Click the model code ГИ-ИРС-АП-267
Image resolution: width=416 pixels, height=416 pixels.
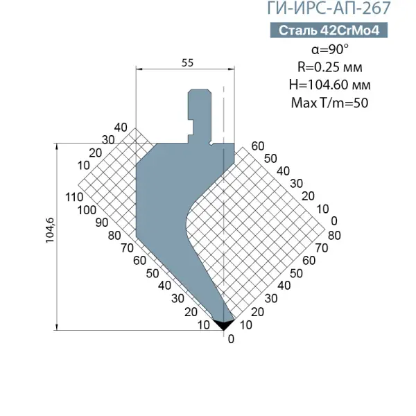329,8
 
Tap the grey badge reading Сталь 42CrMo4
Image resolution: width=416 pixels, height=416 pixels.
329,31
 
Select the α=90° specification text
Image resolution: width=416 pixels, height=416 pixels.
330,49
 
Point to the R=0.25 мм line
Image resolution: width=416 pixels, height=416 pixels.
330,67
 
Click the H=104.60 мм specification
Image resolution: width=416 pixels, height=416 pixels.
330,85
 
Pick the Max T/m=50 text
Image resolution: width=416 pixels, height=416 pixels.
330,103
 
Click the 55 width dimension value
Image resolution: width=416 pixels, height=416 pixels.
188,63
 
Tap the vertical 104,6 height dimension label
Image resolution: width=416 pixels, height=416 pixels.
50,229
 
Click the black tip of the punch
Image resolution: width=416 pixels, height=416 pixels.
223,324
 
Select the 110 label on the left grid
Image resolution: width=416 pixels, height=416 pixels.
74,197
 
